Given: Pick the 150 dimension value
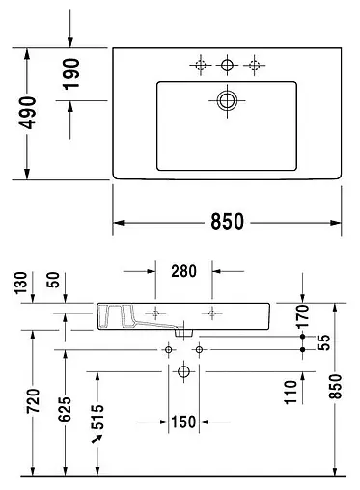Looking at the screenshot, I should click(x=184, y=422).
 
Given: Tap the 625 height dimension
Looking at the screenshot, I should click(x=66, y=410).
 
